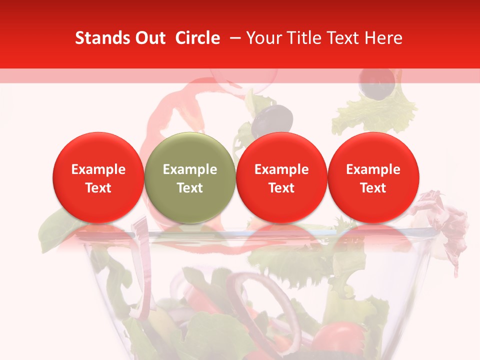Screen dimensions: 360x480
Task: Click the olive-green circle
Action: pos(190,178)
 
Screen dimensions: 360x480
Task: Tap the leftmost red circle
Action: pos(98,178)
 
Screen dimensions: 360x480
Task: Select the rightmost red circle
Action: pos(373,178)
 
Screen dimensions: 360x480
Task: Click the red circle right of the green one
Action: pos(281,178)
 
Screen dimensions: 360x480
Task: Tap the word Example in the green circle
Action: pos(190,169)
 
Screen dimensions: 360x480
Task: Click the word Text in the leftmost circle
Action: pos(98,188)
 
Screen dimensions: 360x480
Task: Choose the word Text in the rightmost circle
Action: pos(373,188)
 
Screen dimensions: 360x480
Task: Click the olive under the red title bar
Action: pos(378,84)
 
